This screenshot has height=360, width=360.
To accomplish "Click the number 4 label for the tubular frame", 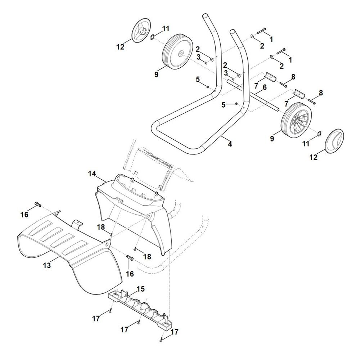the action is [x=230, y=144].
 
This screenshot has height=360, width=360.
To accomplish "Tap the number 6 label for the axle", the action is [x=265, y=87].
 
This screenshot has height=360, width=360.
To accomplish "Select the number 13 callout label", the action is [x=47, y=265].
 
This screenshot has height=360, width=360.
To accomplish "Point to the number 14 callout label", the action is [x=92, y=174].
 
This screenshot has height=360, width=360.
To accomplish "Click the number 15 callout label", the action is [x=141, y=289].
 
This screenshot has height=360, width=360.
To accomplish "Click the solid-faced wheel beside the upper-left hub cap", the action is [x=177, y=51].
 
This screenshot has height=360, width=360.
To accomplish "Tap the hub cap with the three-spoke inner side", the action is [x=141, y=31].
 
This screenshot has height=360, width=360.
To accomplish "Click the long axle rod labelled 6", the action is [x=253, y=95].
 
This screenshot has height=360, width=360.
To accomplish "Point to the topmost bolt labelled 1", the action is [x=261, y=31].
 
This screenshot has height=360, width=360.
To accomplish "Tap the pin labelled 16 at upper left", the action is [x=38, y=204].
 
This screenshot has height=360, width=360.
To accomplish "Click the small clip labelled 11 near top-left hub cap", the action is [x=153, y=37].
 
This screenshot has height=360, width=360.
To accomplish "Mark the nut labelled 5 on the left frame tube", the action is [x=207, y=87].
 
